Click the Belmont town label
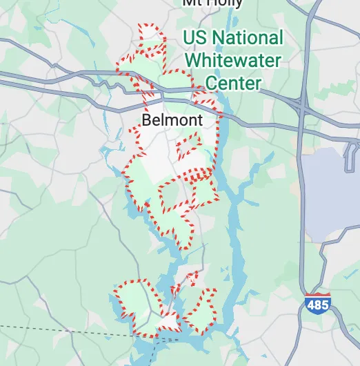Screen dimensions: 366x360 [x=172, y=121]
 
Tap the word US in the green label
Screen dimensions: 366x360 [x=198, y=37]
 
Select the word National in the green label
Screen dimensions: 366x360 [x=248, y=37]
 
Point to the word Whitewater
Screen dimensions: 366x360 [x=233, y=61]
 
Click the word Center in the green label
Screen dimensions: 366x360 [x=233, y=84]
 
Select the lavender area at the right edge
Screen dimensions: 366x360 [x=331, y=193]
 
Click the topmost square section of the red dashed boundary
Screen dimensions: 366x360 [x=150, y=34]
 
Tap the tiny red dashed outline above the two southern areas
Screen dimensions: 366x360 [x=192, y=278]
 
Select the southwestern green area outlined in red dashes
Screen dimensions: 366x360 [x=138, y=300]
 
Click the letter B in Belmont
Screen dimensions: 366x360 [x=146, y=121]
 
